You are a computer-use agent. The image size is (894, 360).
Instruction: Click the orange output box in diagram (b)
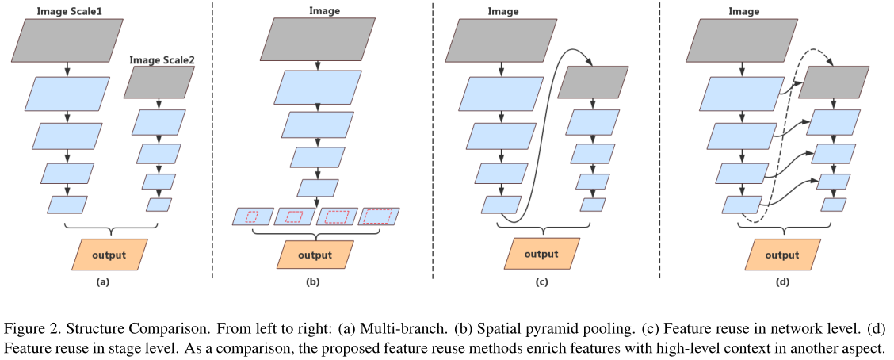tap(315, 255)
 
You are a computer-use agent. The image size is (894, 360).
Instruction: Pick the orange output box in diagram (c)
tap(543, 255)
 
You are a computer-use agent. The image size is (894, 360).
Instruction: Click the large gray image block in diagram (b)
tap(316, 40)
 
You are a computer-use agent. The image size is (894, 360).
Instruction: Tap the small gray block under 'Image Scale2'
tap(159, 82)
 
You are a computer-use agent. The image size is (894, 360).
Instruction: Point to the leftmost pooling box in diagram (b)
tap(253, 216)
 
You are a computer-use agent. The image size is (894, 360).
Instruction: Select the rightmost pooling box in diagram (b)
tap(380, 216)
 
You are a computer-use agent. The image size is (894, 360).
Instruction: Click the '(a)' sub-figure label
tap(102, 281)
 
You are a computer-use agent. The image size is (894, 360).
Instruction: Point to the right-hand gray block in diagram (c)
tap(593, 82)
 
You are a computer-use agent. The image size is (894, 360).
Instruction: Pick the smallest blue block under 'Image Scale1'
tap(67, 205)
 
